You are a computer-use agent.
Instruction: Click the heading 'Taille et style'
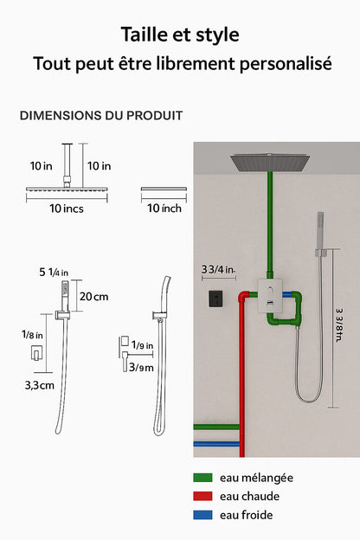(x=180, y=35)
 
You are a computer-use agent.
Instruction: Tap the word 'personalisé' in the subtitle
(x=286, y=64)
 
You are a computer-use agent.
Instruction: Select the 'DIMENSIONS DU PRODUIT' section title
(x=101, y=115)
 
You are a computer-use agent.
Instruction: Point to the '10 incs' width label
(x=67, y=209)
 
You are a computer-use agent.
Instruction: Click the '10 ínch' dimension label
(x=164, y=208)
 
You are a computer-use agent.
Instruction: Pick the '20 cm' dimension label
(x=93, y=297)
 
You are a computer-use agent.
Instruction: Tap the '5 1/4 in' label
(x=54, y=272)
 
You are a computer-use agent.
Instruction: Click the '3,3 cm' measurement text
(x=39, y=385)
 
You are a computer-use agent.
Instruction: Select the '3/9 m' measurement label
(x=141, y=368)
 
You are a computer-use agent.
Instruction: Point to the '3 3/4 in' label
(x=218, y=269)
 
